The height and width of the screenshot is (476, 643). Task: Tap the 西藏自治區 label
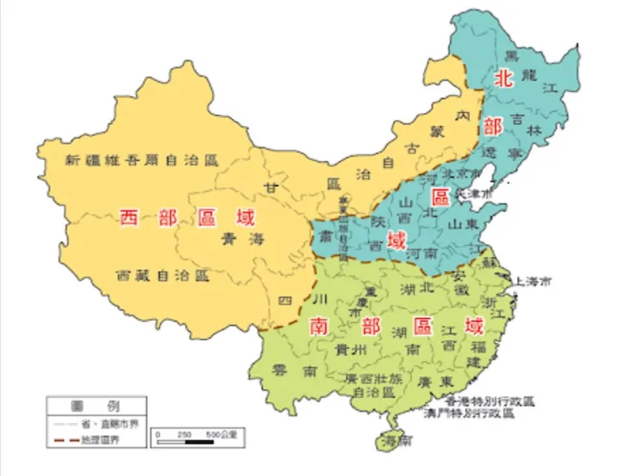163,275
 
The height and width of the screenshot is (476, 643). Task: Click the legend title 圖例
97,406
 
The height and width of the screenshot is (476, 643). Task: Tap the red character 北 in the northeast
503,78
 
